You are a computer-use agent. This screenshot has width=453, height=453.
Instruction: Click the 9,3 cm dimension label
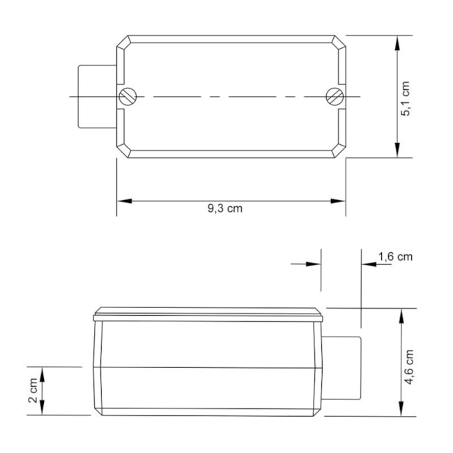coord(224,208)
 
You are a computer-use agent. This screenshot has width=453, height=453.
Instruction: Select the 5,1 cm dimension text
coord(406,97)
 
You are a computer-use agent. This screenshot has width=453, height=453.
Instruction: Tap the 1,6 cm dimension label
coord(395,256)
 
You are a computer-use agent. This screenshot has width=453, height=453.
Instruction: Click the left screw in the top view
coord(126,97)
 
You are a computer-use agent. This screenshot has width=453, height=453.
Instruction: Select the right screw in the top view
coord(335,97)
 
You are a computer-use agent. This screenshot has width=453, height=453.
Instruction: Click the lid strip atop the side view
coord(209,314)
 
